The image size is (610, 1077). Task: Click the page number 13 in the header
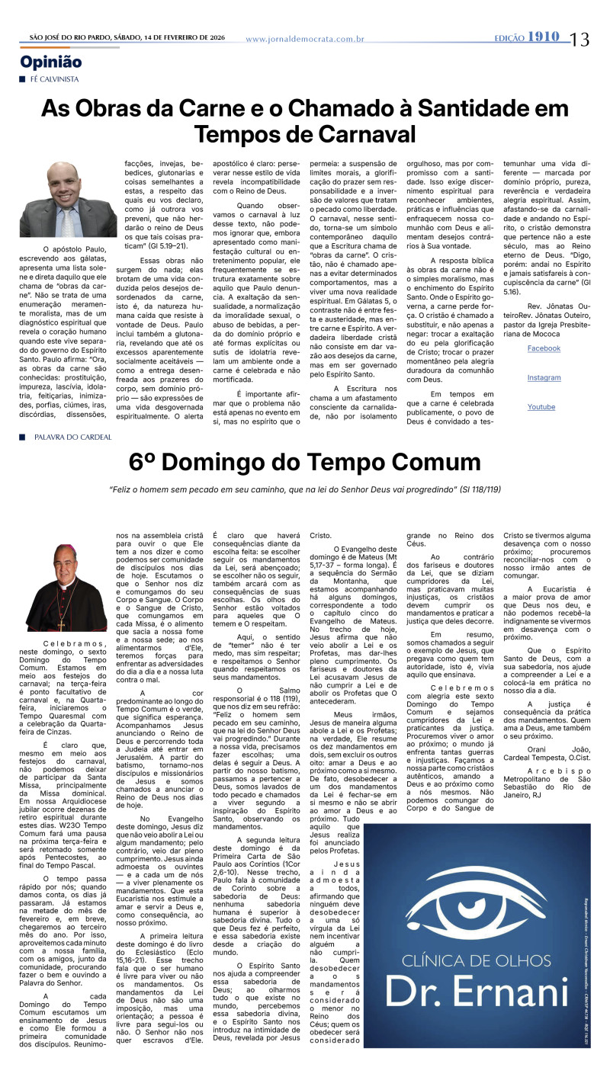[x=580, y=39]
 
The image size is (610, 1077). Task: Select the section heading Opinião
[x=51, y=63]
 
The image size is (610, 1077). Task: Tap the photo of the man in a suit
[x=69, y=199]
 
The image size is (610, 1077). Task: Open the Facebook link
[x=543, y=348]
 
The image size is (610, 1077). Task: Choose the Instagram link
[x=543, y=378]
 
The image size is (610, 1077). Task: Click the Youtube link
[x=541, y=407]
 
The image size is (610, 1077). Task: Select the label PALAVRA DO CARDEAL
[x=73, y=438]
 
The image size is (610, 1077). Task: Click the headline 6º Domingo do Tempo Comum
[x=304, y=463]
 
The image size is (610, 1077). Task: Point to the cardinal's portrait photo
[x=69, y=588]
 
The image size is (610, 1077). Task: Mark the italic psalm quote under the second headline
[x=304, y=489]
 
